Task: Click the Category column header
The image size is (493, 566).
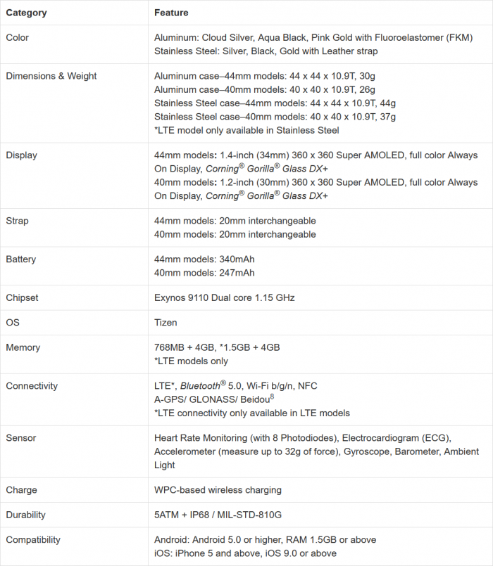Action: pos(27,13)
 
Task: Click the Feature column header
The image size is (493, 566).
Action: pos(171,13)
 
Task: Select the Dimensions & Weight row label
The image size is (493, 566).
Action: pos(51,76)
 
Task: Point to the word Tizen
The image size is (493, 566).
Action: pos(166,323)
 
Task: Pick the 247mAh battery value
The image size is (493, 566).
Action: pos(237,273)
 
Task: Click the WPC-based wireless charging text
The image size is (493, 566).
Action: pos(218,490)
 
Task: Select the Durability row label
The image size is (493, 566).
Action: pos(27,515)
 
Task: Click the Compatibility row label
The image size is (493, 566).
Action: pos(33,540)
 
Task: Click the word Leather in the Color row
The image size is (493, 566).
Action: pos(324,51)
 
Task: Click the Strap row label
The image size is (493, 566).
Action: pos(18,221)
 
